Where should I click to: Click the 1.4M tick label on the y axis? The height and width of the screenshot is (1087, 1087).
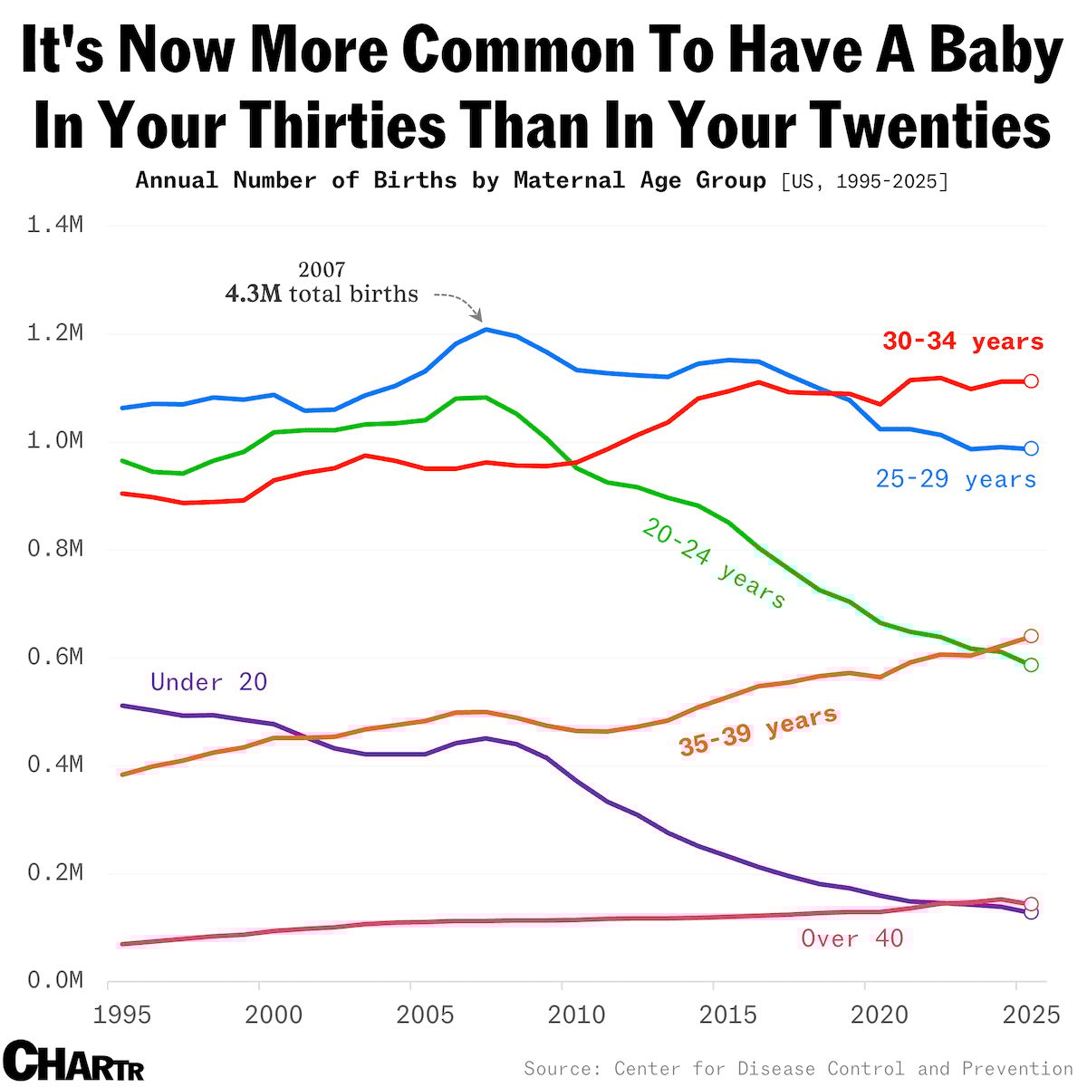(55, 225)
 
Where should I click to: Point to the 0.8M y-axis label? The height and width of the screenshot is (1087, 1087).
(55, 549)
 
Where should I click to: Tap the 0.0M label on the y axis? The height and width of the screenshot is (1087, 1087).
(55, 981)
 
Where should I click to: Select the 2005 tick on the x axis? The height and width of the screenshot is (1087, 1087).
(426, 1015)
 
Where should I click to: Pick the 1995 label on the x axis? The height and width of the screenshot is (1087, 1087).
(123, 1015)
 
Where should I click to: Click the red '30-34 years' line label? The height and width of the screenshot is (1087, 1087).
(963, 342)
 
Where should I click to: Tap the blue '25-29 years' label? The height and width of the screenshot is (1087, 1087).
(956, 479)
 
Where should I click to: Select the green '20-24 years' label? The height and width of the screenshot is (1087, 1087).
(714, 563)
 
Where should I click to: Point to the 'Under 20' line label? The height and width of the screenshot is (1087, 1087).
(208, 682)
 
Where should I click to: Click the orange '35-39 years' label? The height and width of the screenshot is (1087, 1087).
(758, 732)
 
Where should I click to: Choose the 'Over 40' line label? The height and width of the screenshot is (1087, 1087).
(852, 938)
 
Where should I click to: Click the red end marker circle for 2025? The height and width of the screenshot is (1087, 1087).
(1031, 381)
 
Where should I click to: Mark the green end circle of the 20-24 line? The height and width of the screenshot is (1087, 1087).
(1031, 665)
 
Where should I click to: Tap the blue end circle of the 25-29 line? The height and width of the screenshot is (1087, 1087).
(1031, 448)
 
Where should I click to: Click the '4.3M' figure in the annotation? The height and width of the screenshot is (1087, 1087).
(254, 294)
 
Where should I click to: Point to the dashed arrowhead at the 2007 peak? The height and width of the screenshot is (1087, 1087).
(477, 316)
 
